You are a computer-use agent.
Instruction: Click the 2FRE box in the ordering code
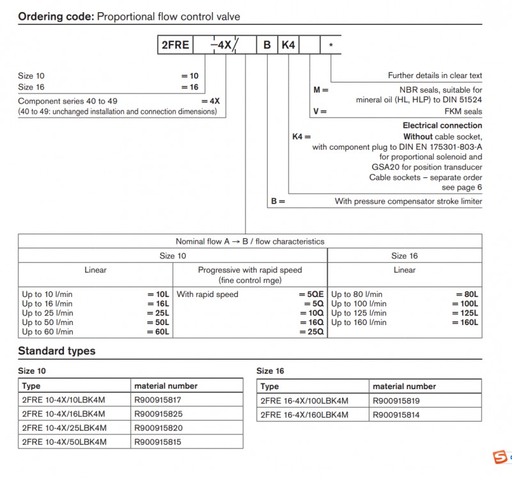pyautogui.click(x=175, y=45)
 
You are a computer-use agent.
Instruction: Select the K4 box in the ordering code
pyautogui.click(x=288, y=45)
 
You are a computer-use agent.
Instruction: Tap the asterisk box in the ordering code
pyautogui.click(x=330, y=45)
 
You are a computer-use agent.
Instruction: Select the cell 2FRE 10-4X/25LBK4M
pyautogui.click(x=64, y=428)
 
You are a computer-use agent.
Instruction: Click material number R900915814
pyautogui.click(x=397, y=415)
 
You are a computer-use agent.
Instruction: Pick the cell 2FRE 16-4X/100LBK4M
pyautogui.click(x=305, y=401)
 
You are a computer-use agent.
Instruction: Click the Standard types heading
pyautogui.click(x=56, y=351)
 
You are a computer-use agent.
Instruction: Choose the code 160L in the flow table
pyautogui.click(x=468, y=323)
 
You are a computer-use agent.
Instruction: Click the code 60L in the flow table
pyautogui.click(x=159, y=331)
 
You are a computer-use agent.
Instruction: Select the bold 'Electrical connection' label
pyautogui.click(x=442, y=125)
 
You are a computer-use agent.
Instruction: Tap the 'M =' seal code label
pyautogui.click(x=320, y=90)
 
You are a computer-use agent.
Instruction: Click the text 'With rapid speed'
pyautogui.click(x=207, y=294)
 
